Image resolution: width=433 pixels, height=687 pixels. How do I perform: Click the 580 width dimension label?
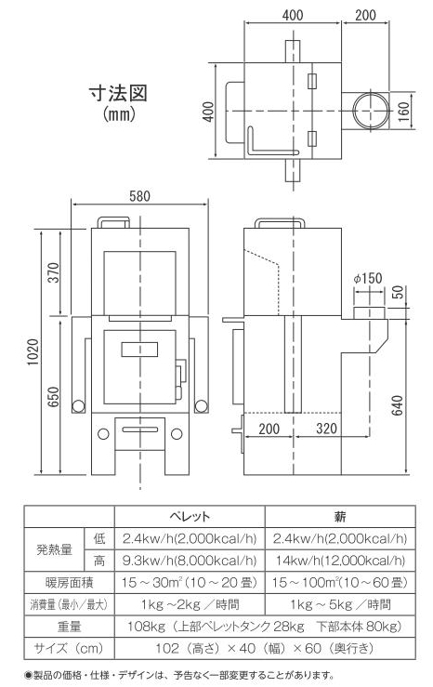pyautogui.click(x=139, y=196)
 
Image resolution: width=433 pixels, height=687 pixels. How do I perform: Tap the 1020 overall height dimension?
pyautogui.click(x=33, y=351)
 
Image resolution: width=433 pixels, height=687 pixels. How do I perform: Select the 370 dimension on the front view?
pyautogui.click(x=53, y=272)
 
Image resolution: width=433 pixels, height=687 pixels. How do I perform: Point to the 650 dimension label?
pyautogui.click(x=53, y=397)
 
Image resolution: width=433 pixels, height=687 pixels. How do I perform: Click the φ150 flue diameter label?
pyautogui.click(x=368, y=278)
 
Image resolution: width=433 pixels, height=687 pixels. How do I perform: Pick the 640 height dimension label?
pyautogui.click(x=397, y=405)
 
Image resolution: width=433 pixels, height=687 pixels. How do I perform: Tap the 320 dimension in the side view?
pyautogui.click(x=327, y=428)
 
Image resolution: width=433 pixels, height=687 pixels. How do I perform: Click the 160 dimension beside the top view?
pyautogui.click(x=403, y=112)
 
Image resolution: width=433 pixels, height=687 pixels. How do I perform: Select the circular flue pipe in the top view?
pyautogui.click(x=372, y=111)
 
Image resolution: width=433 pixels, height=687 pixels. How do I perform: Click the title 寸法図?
pyautogui.click(x=118, y=94)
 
